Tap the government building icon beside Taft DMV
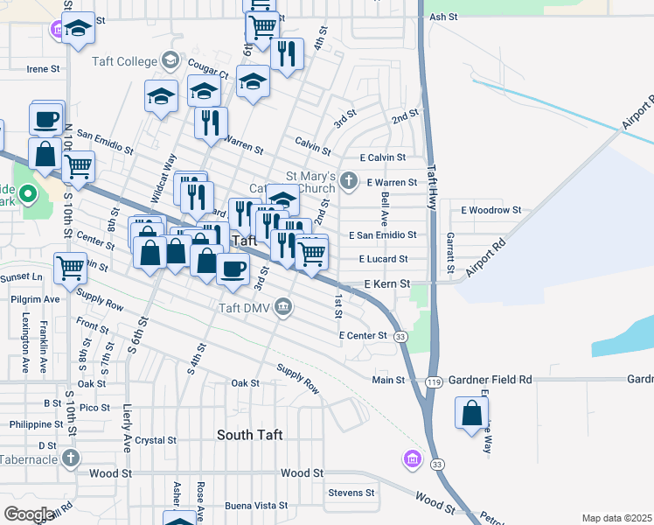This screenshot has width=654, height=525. pos(283,307)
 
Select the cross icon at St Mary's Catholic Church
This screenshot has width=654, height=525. pos(349,182)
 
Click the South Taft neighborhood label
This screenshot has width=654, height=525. pos(249,435)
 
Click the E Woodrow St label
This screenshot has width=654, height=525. pos(491,211)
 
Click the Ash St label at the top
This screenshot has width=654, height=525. pos(444,17)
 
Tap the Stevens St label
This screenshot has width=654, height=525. pos(351,493)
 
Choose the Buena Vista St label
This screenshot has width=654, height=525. pos(257,506)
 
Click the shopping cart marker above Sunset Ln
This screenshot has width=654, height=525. pos(70,267)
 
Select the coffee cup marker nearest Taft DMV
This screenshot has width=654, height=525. pos(232,268)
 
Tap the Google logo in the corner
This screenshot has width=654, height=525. pos(28,514)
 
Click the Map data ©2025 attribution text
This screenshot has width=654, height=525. pos(616,518)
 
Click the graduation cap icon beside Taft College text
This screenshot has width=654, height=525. pos(170,61)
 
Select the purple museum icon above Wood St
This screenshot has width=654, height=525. pos(411,458)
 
